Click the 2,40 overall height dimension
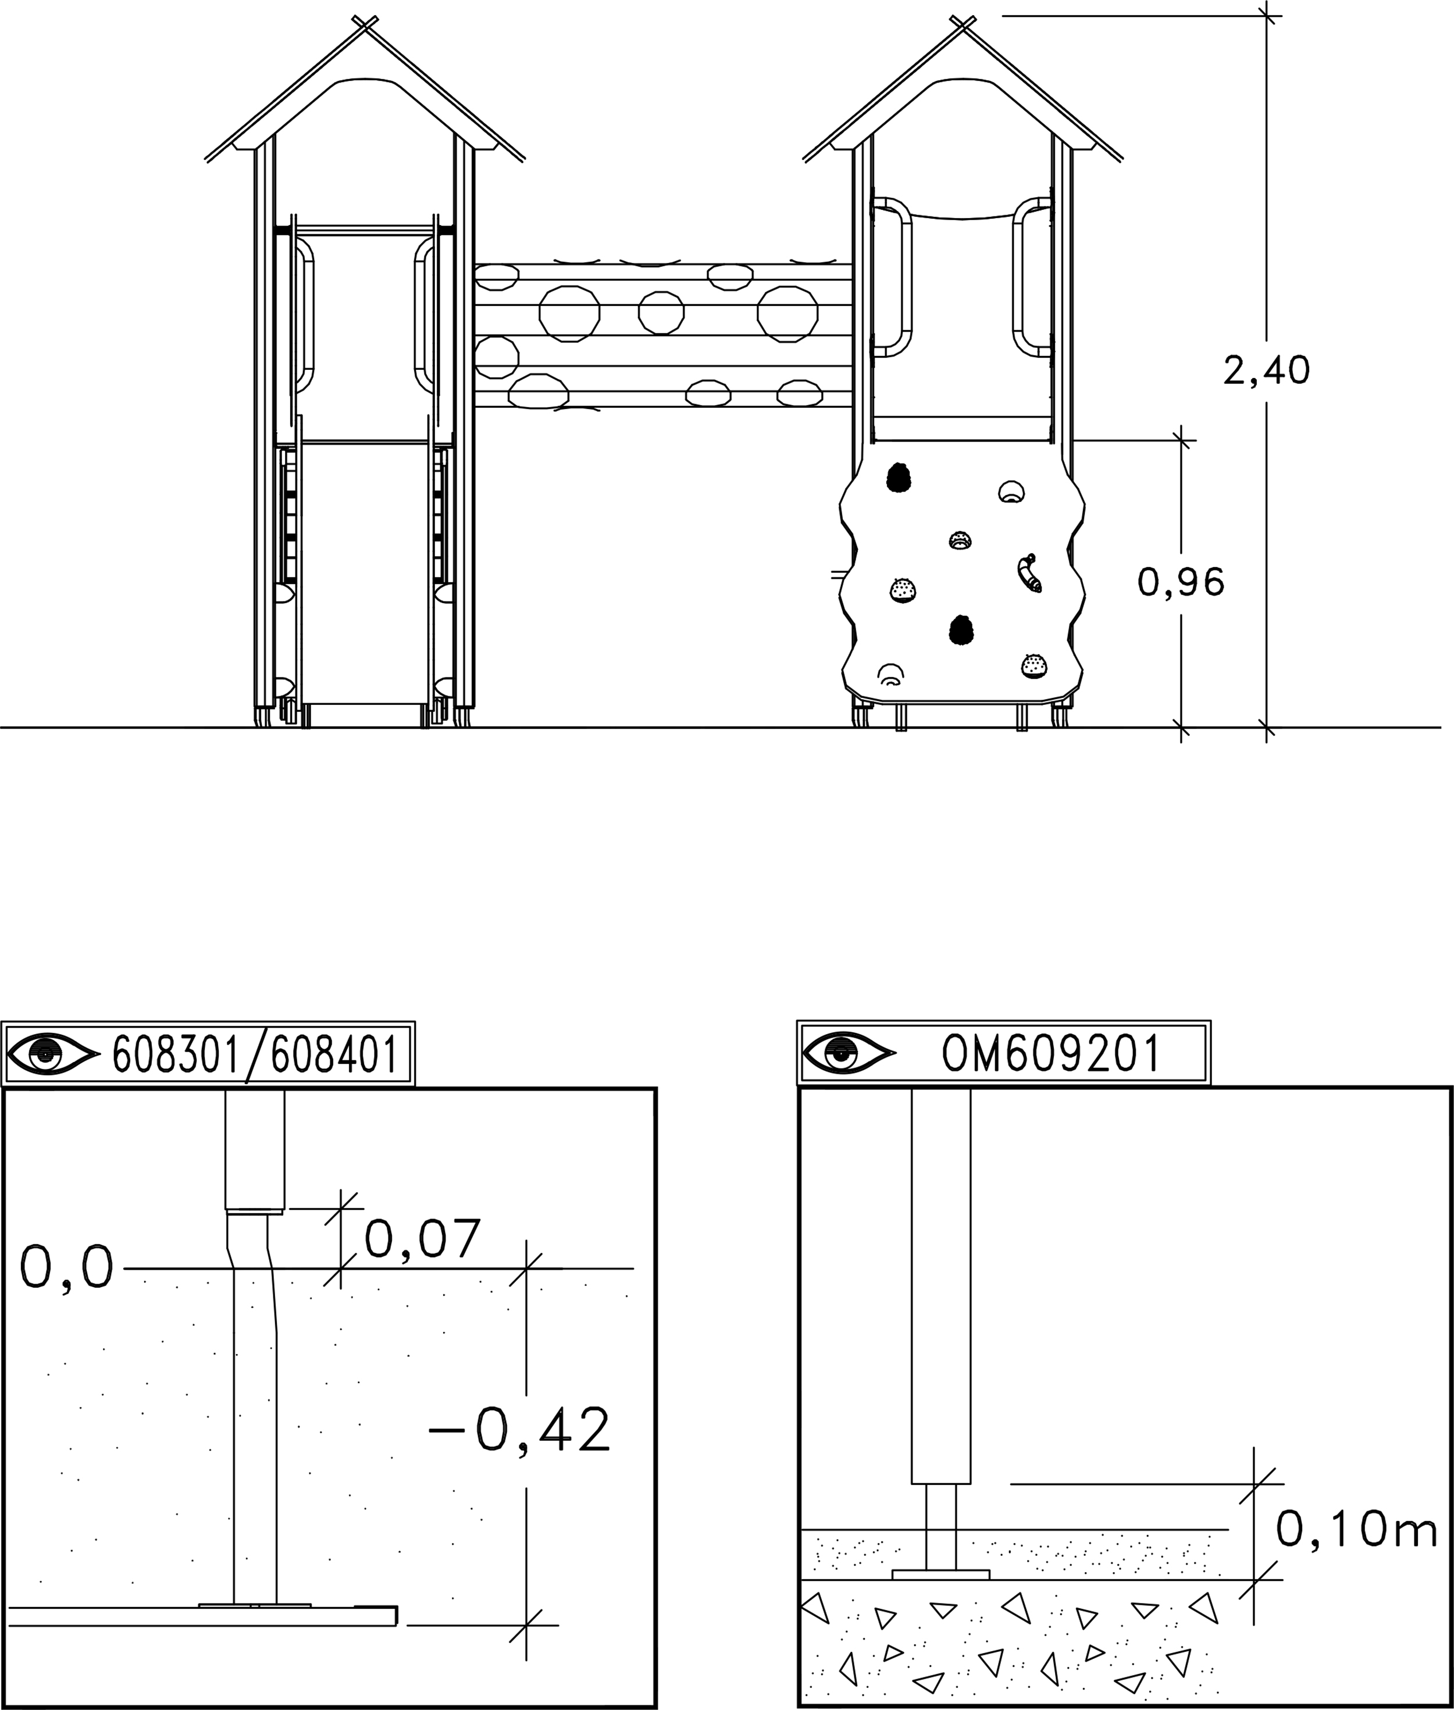[x=1266, y=371]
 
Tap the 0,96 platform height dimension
[x=1181, y=583]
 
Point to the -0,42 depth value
[x=520, y=1429]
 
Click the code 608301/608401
[x=255, y=1054]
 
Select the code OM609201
[x=1052, y=1053]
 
